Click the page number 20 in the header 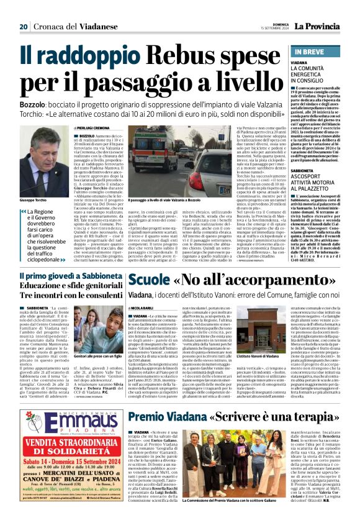pyautogui.click(x=24, y=27)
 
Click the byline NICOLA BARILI pyautogui.click(x=142, y=308)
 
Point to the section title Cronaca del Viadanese pyautogui.click(x=71, y=27)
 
